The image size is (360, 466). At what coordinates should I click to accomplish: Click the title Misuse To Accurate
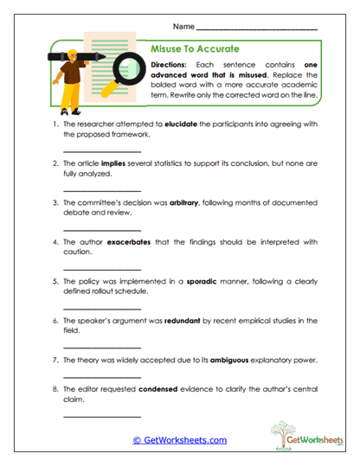tap(195, 48)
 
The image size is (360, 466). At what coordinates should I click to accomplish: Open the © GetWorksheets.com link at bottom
tap(179, 440)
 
